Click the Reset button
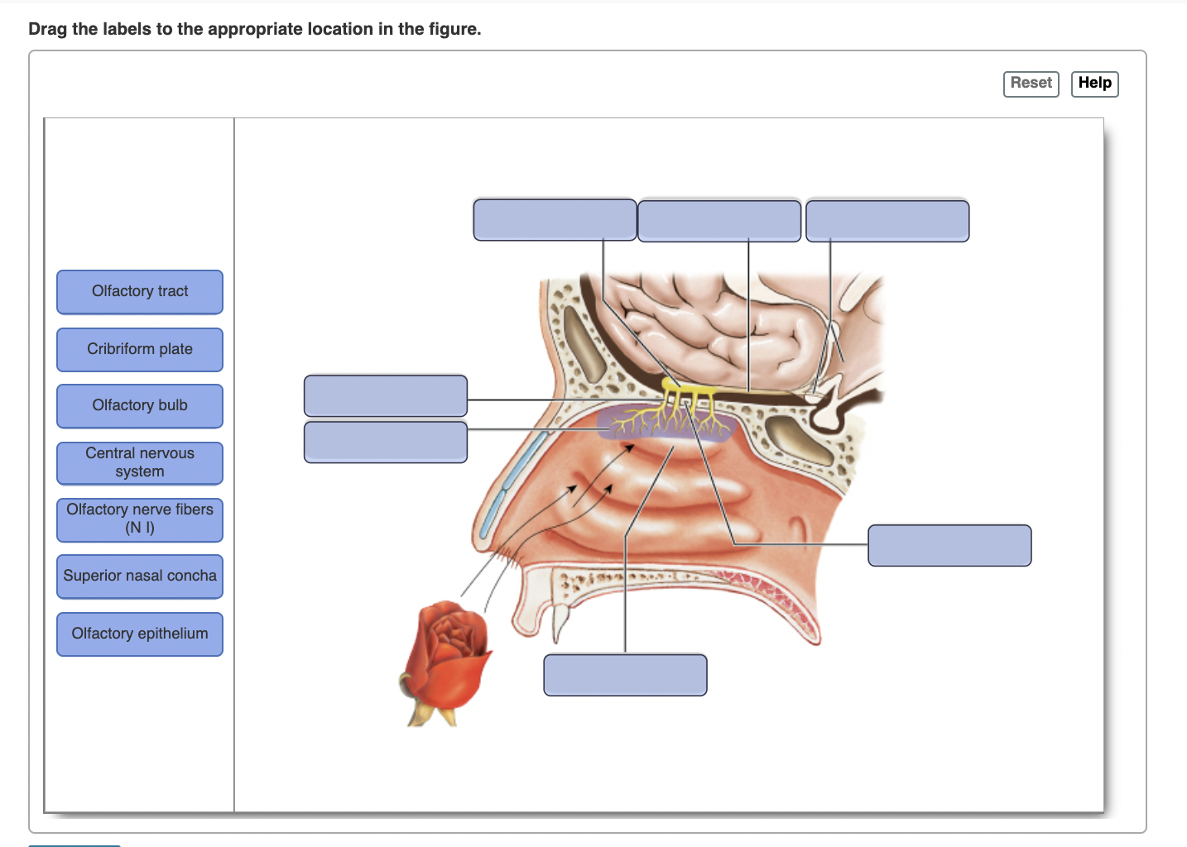pyautogui.click(x=1031, y=84)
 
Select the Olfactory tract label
pyautogui.click(x=140, y=292)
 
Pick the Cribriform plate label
pyautogui.click(x=140, y=350)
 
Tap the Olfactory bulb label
pyautogui.click(x=140, y=406)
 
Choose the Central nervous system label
pyautogui.click(x=140, y=463)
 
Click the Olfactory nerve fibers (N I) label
pyautogui.click(x=140, y=519)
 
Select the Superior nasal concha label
pyautogui.click(x=140, y=577)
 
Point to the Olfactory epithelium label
pyautogui.click(x=140, y=634)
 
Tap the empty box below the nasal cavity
pyautogui.click(x=625, y=675)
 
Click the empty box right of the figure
pyautogui.click(x=949, y=545)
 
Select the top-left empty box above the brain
pyautogui.click(x=555, y=220)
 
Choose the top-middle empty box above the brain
pyautogui.click(x=719, y=221)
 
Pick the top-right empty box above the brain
pyautogui.click(x=887, y=221)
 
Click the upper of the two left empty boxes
pyautogui.click(x=386, y=396)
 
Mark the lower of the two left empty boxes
pyautogui.click(x=386, y=443)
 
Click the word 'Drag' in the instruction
pyautogui.click(x=47, y=30)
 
